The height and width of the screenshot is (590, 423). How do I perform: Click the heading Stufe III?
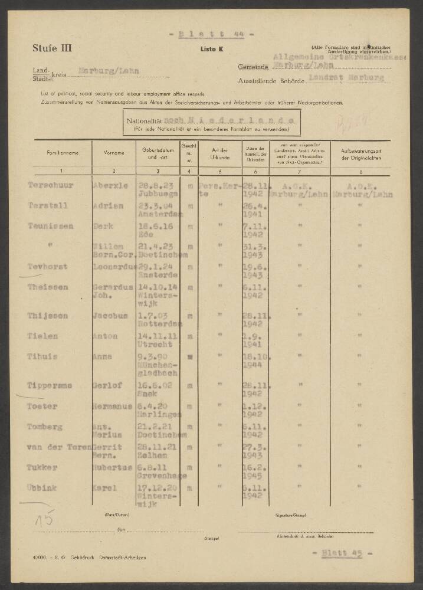tap(52, 48)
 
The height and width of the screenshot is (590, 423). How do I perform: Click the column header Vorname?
tap(114, 153)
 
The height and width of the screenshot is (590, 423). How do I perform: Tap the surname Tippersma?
tap(50, 385)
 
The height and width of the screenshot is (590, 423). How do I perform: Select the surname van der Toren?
tap(58, 447)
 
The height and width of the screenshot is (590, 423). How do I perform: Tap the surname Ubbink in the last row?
tap(42, 488)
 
